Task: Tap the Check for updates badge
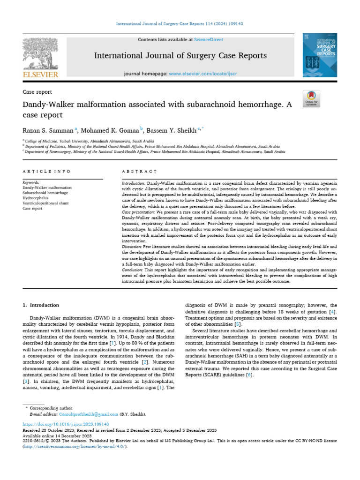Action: (311, 97)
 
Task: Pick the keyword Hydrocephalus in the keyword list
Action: (36, 198)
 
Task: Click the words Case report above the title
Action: (37, 92)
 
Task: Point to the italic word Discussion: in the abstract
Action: (133, 246)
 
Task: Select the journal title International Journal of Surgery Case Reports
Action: (180, 56)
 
